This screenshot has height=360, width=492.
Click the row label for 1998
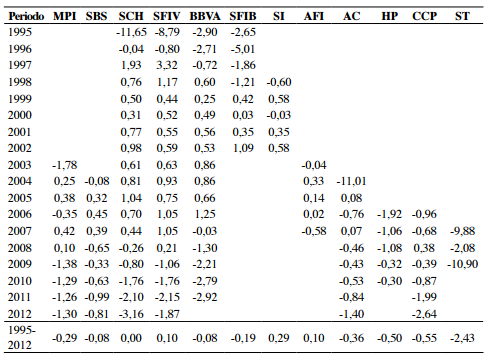[x=19, y=81]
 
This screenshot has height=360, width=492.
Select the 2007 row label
[x=19, y=229]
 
